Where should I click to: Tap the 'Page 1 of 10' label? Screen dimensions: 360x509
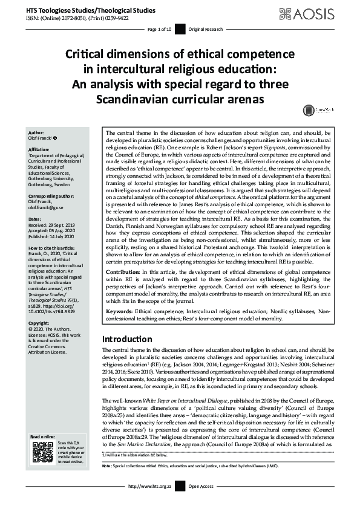click(160, 28)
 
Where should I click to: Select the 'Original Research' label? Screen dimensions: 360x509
click(206, 28)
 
